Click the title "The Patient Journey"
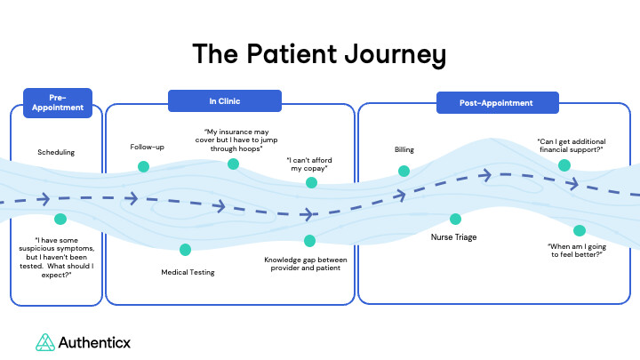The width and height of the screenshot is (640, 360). tap(319, 54)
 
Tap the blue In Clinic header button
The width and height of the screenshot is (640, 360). tap(224, 101)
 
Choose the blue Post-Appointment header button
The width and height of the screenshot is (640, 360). tap(497, 102)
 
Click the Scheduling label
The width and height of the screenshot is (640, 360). tap(56, 152)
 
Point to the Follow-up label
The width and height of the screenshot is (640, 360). tap(147, 147)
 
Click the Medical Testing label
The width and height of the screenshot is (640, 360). tap(188, 272)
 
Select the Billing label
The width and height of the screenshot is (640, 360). tap(404, 149)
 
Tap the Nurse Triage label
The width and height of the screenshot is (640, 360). tap(455, 238)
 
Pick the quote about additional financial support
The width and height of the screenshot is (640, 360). tap(570, 145)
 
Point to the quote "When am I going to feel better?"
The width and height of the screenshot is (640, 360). tap(575, 249)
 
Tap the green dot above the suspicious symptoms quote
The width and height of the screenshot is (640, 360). tap(60, 219)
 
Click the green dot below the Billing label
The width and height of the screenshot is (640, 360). tap(404, 171)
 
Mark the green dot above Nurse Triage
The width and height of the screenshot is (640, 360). tap(455, 219)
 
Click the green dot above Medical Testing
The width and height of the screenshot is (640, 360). tap(185, 250)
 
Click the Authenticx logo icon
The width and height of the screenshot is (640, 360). tap(44, 342)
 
